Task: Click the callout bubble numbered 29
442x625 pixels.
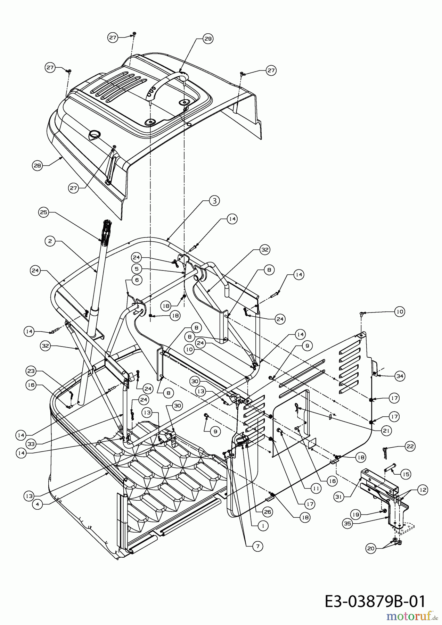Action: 208,39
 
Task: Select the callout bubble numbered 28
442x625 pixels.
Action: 37,166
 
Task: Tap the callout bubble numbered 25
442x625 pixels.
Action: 44,213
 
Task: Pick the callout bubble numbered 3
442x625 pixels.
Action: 214,200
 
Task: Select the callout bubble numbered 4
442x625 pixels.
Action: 37,504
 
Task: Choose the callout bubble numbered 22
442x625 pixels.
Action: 410,446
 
